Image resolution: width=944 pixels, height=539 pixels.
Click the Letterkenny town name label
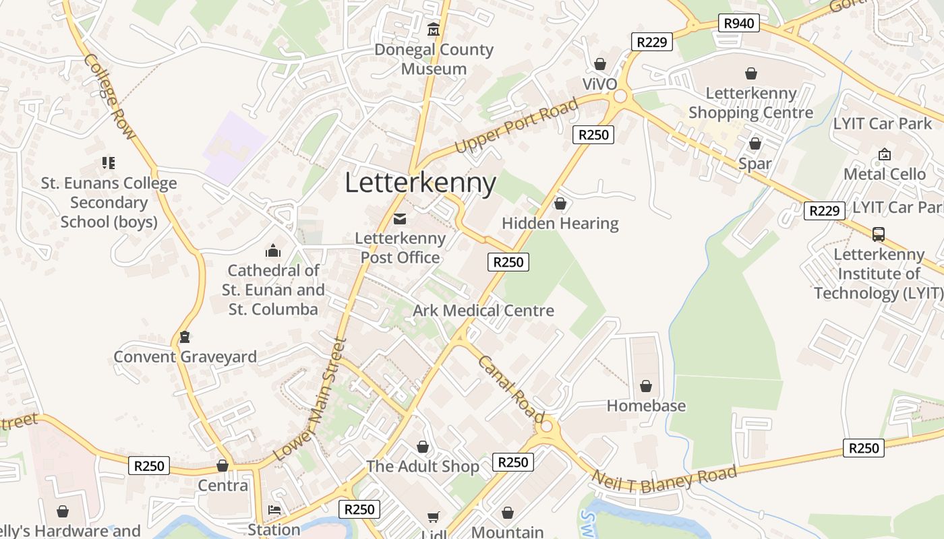tap(421, 183)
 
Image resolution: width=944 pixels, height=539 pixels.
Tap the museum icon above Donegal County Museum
tap(434, 30)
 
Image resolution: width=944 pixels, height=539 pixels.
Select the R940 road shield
tap(739, 24)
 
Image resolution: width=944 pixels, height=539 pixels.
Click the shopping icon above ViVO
tap(599, 64)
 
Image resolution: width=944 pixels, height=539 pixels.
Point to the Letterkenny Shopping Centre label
tap(750, 102)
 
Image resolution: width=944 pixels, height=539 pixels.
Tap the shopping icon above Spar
tap(755, 144)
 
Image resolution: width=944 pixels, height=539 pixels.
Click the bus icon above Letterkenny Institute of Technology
tap(878, 234)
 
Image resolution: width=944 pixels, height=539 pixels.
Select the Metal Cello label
tap(885, 174)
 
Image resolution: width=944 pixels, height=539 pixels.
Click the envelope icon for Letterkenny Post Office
tap(400, 218)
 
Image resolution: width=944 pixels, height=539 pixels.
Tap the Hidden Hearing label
tap(560, 224)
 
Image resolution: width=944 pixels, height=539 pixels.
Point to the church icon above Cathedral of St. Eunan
tap(273, 251)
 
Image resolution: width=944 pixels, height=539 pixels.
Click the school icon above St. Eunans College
tap(109, 163)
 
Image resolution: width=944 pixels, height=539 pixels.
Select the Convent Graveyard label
tap(185, 357)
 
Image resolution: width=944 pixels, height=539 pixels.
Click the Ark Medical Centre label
tap(483, 311)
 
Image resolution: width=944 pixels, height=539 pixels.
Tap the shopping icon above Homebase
tap(645, 386)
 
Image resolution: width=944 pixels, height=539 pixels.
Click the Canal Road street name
tap(510, 389)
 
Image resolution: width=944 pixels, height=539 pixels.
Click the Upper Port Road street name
tap(517, 125)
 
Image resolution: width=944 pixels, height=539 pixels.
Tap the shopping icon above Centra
tap(223, 466)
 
